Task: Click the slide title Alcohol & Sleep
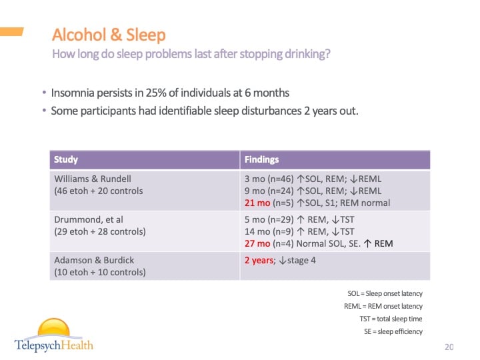[109, 35]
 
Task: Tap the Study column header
[66, 160]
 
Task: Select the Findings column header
[262, 160]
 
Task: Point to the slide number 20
[449, 347]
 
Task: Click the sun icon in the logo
[53, 329]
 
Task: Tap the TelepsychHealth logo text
[54, 345]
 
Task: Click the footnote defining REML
[383, 306]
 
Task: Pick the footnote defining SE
[393, 331]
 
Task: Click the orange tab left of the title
[12, 31]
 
